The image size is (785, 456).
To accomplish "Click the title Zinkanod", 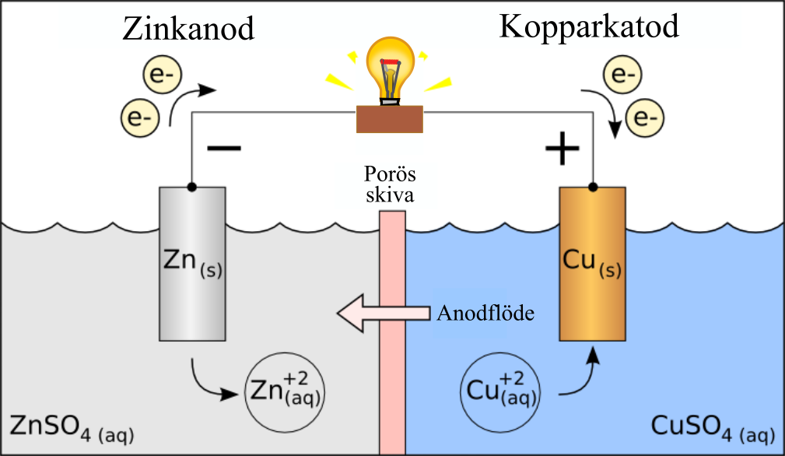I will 188,30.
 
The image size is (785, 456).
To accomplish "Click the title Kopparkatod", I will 589,26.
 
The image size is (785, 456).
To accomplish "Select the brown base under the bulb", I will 390,119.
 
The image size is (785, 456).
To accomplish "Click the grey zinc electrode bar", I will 192,264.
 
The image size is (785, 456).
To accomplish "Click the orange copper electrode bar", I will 593,264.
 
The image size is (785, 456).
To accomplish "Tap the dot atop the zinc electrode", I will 191,187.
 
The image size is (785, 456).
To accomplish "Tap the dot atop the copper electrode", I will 593,187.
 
